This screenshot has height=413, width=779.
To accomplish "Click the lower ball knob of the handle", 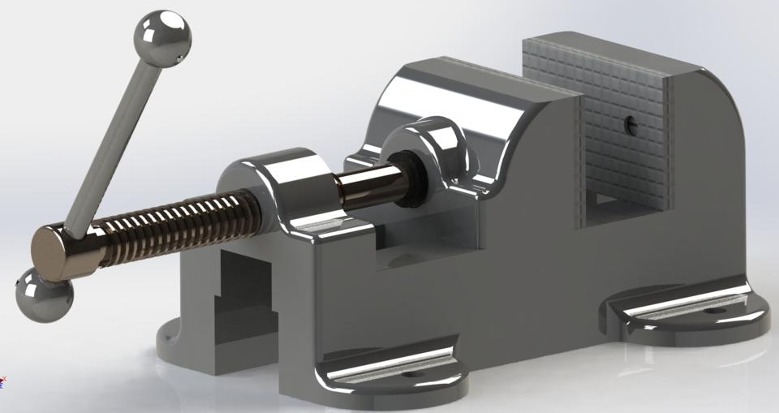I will pyautogui.click(x=42, y=295).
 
